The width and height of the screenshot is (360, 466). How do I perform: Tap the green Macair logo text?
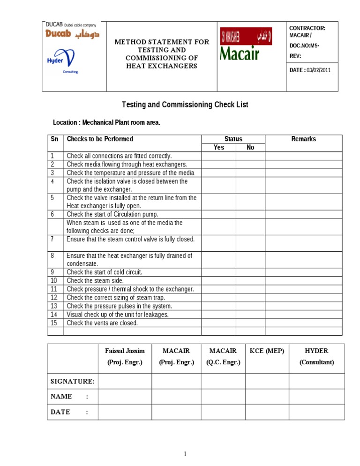click(x=240, y=53)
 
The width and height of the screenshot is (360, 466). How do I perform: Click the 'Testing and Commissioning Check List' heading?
click(x=185, y=105)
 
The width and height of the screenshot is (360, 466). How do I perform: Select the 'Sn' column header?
click(x=55, y=139)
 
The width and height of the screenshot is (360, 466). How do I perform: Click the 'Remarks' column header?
click(x=303, y=139)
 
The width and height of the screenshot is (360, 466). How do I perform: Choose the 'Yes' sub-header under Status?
click(x=218, y=148)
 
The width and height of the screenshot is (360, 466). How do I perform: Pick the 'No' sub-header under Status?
click(x=250, y=148)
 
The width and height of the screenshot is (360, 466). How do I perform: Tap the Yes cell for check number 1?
click(x=218, y=156)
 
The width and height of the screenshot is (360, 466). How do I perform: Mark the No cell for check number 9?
click(x=250, y=272)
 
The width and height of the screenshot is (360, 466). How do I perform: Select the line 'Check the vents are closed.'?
click(x=102, y=323)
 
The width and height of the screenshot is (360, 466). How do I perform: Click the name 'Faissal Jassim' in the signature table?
click(x=125, y=351)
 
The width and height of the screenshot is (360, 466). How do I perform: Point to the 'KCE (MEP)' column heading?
click(x=267, y=351)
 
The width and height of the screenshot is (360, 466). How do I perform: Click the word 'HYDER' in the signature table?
click(x=316, y=351)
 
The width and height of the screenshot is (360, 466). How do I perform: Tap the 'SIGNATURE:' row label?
click(x=73, y=381)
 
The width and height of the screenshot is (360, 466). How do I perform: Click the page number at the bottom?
click(x=185, y=454)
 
